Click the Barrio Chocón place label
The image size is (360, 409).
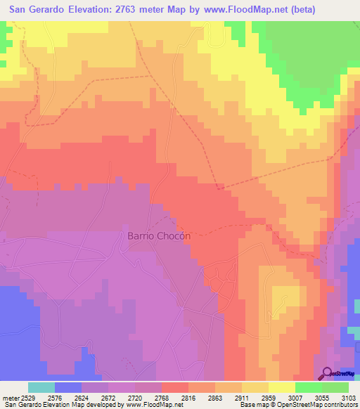159,236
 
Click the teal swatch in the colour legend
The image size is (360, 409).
41,387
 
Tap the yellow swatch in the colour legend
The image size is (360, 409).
281,387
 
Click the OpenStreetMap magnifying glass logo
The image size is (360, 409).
325,373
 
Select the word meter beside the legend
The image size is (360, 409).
11,398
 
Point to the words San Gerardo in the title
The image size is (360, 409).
38,10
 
